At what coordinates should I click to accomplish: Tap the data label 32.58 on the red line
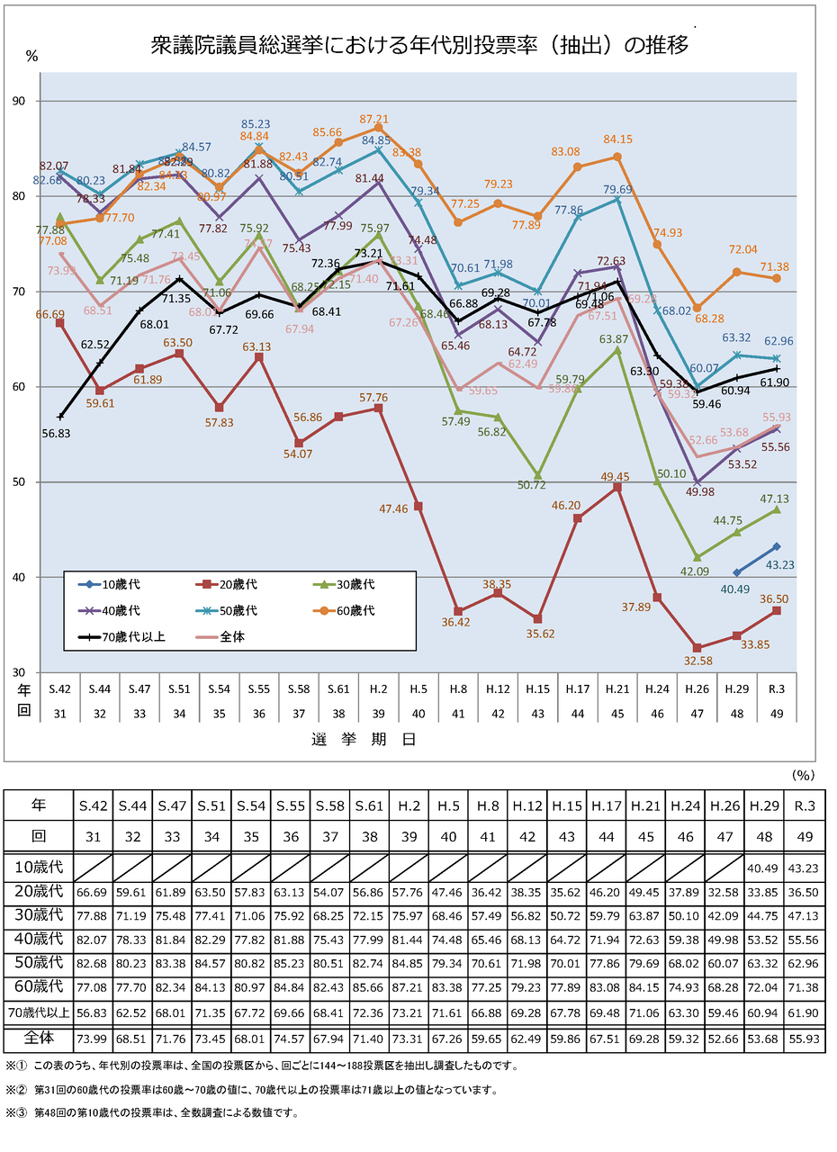point(695,661)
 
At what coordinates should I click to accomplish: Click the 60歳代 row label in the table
point(39,985)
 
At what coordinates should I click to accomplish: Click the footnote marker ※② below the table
point(16,1089)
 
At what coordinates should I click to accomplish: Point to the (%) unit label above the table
point(803,773)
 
